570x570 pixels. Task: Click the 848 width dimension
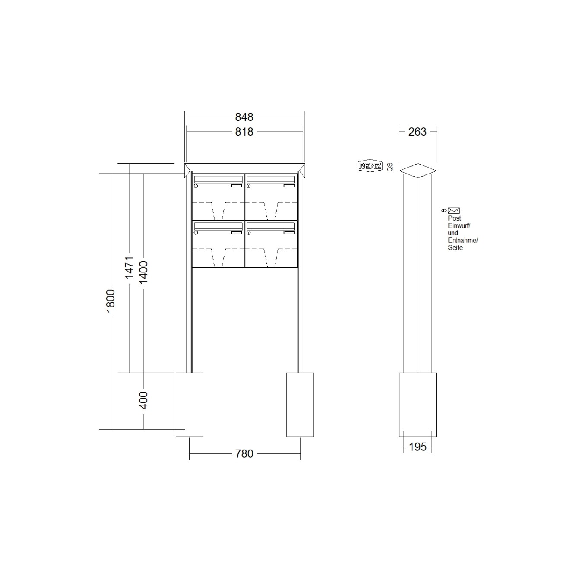click(x=244, y=117)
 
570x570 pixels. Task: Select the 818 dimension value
click(x=244, y=132)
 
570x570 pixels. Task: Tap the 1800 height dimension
click(x=111, y=301)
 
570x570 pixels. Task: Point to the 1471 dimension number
click(x=129, y=268)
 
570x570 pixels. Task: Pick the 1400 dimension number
click(x=143, y=272)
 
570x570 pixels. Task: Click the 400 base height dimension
click(x=143, y=400)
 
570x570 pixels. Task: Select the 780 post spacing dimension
click(x=244, y=453)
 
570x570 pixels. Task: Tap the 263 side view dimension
click(x=418, y=132)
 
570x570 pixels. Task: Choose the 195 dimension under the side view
click(x=418, y=446)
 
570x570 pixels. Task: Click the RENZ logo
click(x=370, y=166)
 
